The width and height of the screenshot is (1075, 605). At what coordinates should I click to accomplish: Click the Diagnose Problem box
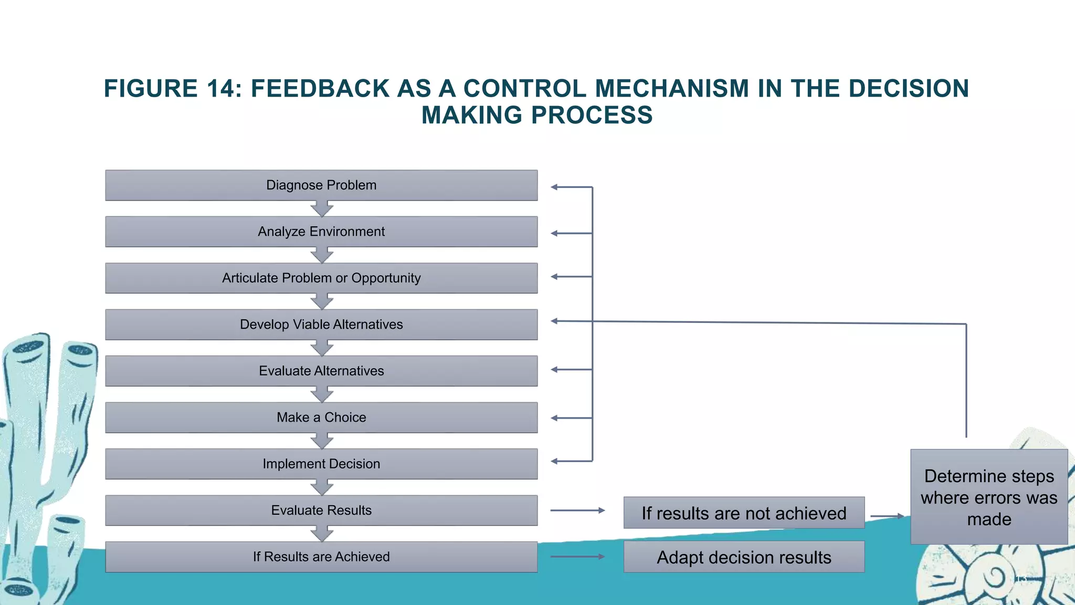321,185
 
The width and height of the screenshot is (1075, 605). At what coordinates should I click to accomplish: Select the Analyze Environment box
321,232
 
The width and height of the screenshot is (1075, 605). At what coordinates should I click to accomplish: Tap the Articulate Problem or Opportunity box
321,278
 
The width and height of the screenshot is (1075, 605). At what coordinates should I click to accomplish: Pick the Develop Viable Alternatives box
321,325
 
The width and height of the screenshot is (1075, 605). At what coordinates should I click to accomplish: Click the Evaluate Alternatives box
321,371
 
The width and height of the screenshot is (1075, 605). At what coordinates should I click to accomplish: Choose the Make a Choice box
321,418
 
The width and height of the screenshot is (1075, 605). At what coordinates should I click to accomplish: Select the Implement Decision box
321,464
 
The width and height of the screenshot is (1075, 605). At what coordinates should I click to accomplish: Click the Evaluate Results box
321,510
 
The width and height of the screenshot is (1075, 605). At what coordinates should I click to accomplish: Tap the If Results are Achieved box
321,557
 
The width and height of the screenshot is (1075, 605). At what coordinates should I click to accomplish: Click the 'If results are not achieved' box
744,513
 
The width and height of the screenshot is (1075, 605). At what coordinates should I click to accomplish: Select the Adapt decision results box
744,557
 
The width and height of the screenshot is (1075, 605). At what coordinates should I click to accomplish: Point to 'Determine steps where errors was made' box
989,497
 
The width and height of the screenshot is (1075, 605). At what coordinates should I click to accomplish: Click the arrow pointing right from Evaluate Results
577,510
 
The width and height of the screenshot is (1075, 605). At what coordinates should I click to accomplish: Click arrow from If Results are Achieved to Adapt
577,557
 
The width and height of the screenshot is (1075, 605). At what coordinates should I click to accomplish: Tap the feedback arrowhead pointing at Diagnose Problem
554,187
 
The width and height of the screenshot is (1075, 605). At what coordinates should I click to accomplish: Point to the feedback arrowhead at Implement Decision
554,461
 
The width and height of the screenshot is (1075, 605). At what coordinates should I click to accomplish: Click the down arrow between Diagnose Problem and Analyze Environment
322,208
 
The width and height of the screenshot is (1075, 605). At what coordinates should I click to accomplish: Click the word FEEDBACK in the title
320,88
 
